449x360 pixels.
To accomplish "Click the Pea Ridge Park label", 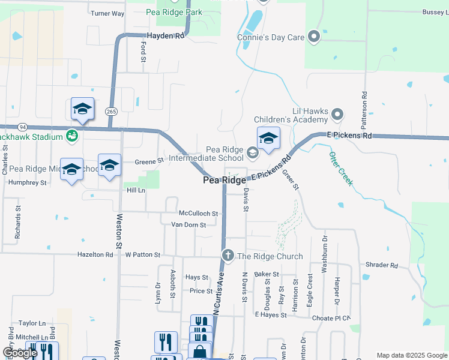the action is [x=174, y=11].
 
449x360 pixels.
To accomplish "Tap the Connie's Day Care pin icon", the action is [x=313, y=37].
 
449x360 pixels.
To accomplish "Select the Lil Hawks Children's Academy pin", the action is [x=337, y=113].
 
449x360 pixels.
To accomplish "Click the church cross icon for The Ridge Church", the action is [x=228, y=256].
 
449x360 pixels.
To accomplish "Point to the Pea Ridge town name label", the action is [x=224, y=180].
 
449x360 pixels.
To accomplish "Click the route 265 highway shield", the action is [x=111, y=111].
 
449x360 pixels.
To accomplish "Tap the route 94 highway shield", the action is [x=22, y=127].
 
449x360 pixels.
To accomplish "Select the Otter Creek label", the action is [x=340, y=169].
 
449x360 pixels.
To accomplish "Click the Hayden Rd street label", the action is [x=164, y=36].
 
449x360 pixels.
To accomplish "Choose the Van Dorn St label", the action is [x=188, y=224].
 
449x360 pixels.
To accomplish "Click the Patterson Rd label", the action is [x=364, y=112].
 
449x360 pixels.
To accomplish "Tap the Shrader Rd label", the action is [x=382, y=265].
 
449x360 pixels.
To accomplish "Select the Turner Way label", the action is [x=107, y=13].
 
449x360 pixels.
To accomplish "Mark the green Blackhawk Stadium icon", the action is [x=72, y=136].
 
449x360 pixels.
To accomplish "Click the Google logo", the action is [x=19, y=353].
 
